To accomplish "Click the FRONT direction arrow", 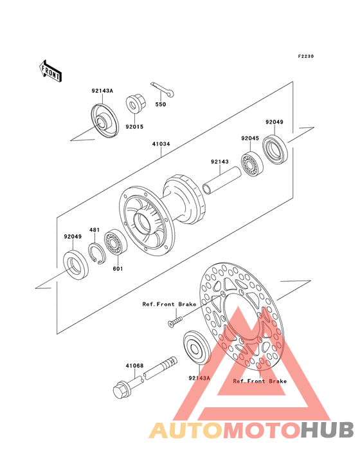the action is coord(50,71).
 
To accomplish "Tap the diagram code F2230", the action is coord(306,56).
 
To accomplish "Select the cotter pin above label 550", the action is coord(162,89).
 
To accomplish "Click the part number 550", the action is coord(161,104).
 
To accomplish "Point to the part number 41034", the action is coord(161,144).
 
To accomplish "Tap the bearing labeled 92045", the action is coord(252,163).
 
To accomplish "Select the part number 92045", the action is coord(250,138).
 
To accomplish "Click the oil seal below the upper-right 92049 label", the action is coord(275,151).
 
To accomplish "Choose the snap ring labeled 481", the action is coord(96,254).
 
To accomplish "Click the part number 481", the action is coord(94,230).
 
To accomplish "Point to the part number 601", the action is coord(118,268).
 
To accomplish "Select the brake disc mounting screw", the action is coord(175,321).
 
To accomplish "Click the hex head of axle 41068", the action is coord(121,390).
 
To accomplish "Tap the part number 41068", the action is coord(134,366).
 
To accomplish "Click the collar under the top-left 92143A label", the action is coord(105,121).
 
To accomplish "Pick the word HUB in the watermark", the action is coord(328,430).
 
